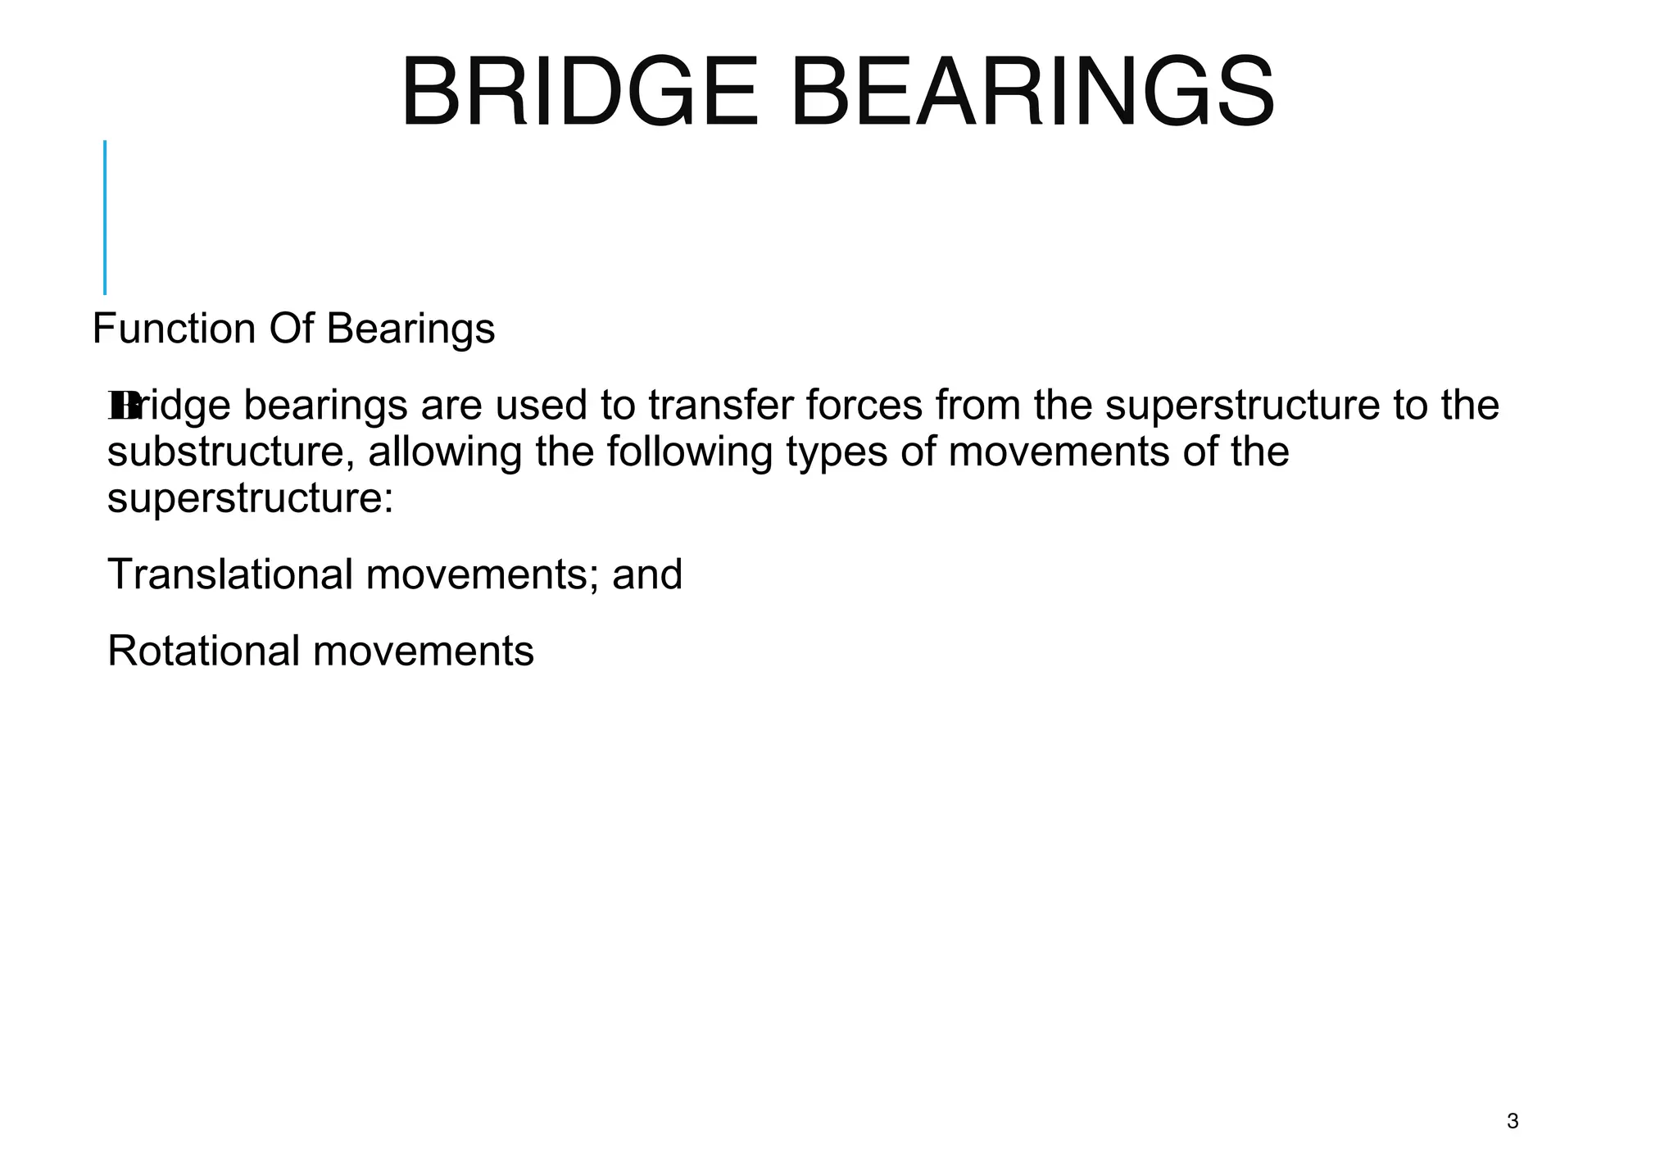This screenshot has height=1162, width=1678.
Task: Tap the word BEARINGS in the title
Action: coord(1032,92)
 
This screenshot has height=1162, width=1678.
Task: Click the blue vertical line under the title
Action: coord(105,217)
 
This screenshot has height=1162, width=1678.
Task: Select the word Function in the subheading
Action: coord(174,329)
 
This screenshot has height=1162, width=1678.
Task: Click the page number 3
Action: coord(1512,1121)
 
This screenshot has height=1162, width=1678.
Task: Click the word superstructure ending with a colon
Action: coord(251,499)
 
